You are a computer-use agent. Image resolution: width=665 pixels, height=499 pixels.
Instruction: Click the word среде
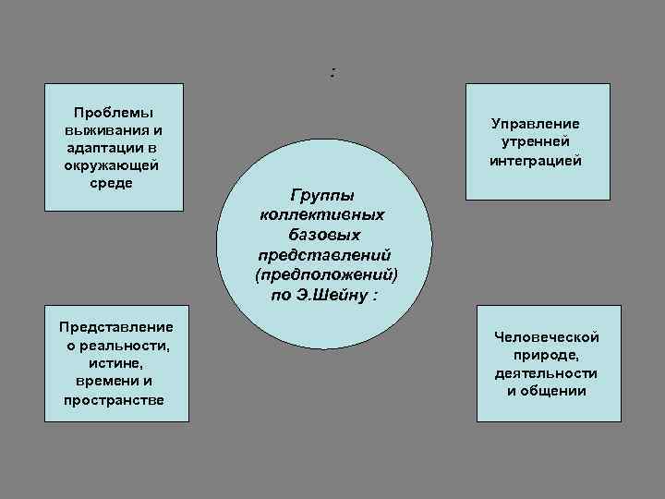coord(113,182)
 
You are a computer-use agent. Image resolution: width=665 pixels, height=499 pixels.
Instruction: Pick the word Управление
coord(536,124)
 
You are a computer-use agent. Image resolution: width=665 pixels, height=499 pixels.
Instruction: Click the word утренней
coord(536,141)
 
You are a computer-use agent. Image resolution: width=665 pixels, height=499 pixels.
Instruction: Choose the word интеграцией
coord(536,159)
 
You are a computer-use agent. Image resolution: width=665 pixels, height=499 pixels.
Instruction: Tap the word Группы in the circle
coord(322,195)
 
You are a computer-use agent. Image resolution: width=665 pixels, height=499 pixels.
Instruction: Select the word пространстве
coord(114,399)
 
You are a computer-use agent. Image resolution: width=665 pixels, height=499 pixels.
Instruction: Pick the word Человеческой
coord(547,337)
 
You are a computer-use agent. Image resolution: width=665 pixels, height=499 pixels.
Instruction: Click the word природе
coord(547,355)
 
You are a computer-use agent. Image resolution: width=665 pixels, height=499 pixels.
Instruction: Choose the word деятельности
coord(546,372)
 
